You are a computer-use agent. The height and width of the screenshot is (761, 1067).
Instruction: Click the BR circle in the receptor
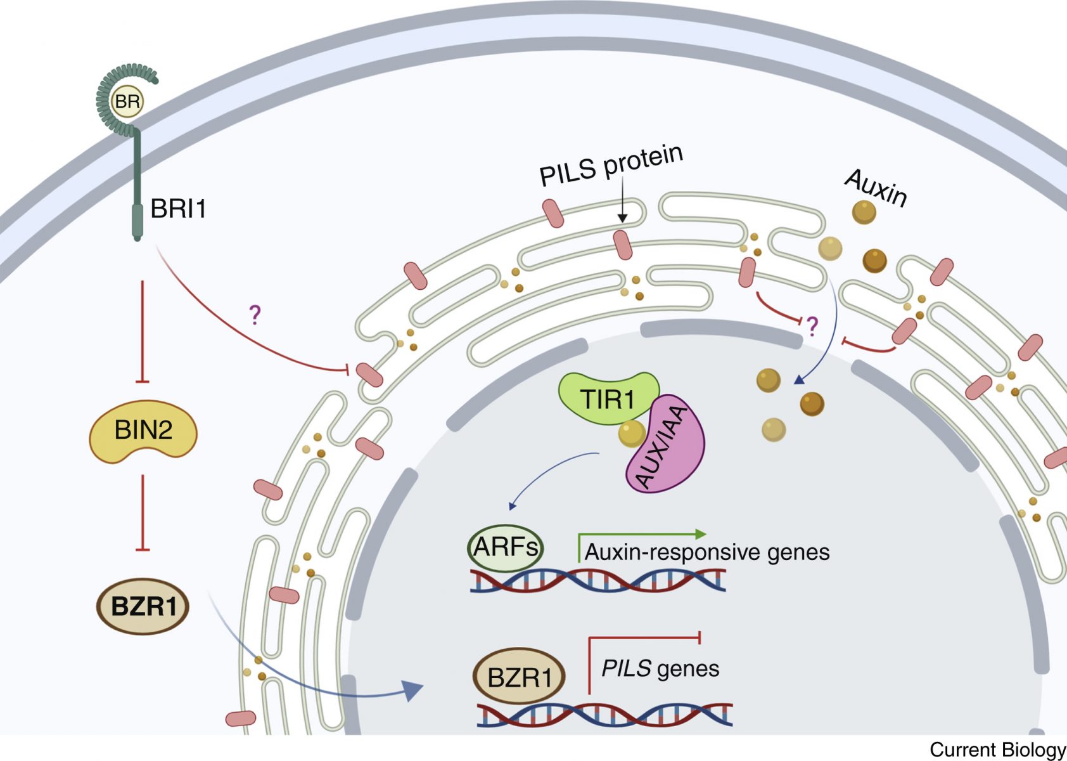click(127, 101)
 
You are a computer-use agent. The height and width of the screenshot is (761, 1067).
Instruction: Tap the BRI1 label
click(178, 209)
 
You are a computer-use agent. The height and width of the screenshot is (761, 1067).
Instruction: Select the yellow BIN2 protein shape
click(143, 431)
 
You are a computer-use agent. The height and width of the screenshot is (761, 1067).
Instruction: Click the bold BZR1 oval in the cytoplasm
click(143, 606)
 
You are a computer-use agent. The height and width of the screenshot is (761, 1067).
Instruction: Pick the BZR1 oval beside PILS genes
click(519, 677)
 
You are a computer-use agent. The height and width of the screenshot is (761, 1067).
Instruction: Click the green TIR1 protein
click(607, 398)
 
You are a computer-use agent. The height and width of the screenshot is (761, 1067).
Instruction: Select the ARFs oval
click(505, 547)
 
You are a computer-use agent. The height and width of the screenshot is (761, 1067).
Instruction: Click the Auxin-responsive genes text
click(706, 552)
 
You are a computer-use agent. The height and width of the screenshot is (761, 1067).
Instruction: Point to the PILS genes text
click(660, 668)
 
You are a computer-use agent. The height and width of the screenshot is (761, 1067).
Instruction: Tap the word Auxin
click(876, 188)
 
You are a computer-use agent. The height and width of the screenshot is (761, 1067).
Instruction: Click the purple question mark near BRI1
click(255, 314)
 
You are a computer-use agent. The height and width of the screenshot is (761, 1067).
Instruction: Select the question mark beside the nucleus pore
click(812, 326)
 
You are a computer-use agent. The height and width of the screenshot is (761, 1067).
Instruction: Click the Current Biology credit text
click(997, 750)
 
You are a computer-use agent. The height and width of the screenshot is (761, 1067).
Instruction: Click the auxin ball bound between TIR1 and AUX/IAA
click(631, 434)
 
